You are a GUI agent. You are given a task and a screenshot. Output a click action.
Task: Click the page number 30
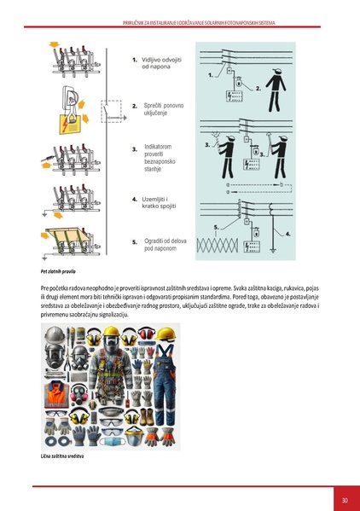[x=344, y=500]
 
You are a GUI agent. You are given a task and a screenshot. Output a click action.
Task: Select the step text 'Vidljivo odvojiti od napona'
[x=162, y=63]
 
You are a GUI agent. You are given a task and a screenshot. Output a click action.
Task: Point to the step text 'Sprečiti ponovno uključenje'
[x=163, y=109]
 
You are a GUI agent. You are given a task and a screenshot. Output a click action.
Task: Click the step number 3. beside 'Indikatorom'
[x=135, y=149]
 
